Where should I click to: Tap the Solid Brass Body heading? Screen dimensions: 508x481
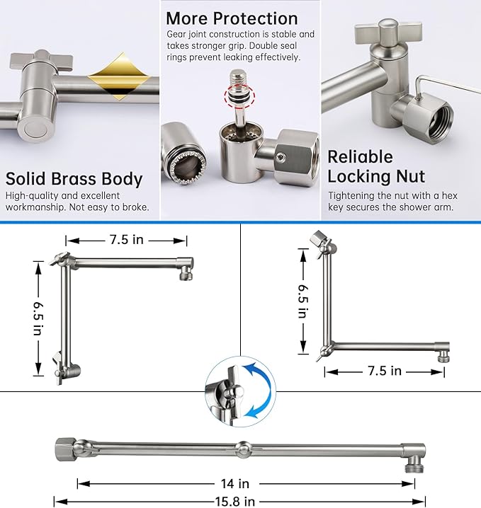point(74,178)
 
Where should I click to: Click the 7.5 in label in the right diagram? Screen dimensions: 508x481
point(384,370)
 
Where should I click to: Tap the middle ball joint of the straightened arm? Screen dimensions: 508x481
point(243,449)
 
